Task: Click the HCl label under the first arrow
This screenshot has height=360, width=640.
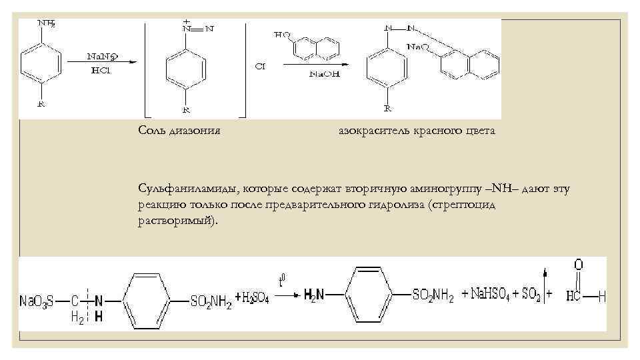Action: [x=96, y=71]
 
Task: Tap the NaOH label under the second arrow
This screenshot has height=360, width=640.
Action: [x=324, y=74]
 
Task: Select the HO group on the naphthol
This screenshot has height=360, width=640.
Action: [x=282, y=34]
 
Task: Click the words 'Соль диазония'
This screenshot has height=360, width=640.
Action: [x=179, y=131]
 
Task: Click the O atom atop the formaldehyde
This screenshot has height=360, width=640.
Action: [x=579, y=265]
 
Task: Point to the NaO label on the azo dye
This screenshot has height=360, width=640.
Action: [x=418, y=47]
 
